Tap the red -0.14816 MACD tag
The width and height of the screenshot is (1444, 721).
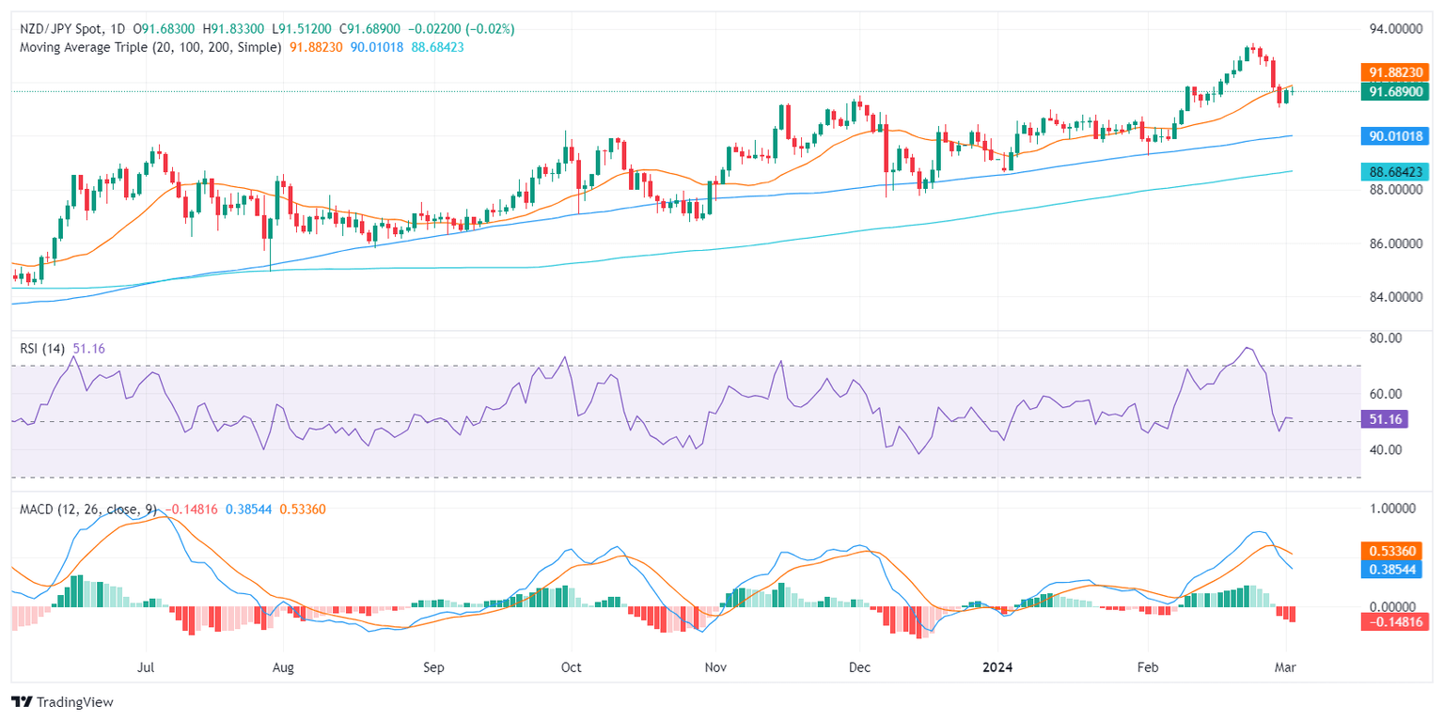click(1395, 621)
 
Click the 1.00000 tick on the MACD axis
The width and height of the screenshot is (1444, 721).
click(1392, 509)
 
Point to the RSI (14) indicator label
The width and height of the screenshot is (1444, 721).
click(43, 349)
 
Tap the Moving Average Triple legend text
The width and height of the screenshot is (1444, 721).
click(150, 46)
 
